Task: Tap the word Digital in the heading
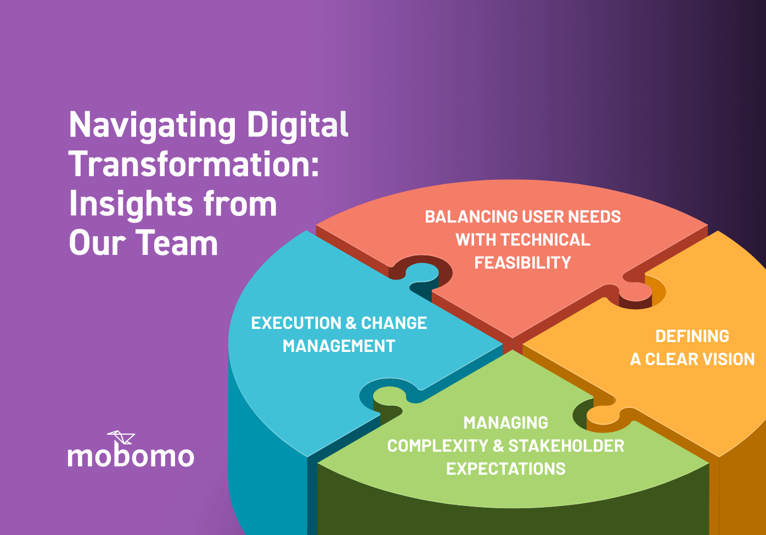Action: click(x=297, y=124)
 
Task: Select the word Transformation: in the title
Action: click(x=194, y=164)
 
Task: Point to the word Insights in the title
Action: click(x=131, y=204)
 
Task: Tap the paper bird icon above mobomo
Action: click(x=121, y=437)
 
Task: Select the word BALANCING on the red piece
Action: click(x=463, y=217)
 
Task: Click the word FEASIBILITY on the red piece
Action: click(x=522, y=263)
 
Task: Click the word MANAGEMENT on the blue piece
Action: click(x=339, y=346)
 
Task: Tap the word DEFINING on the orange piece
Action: click(x=692, y=337)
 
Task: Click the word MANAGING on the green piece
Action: click(x=505, y=423)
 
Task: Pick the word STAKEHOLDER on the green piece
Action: click(x=566, y=446)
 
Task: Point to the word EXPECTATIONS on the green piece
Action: click(x=505, y=469)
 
